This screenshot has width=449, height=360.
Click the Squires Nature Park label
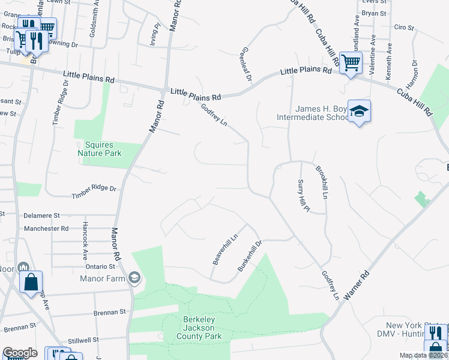point(99,149)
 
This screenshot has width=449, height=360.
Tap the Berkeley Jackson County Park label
point(199,328)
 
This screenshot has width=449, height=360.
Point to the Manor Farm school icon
point(134,277)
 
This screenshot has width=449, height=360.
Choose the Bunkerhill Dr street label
point(250,256)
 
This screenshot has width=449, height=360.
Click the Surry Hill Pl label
point(303,196)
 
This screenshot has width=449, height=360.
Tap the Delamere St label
point(42,215)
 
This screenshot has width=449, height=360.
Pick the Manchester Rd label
point(46,229)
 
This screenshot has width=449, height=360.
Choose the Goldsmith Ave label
point(93,23)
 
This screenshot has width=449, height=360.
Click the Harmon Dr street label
point(414,71)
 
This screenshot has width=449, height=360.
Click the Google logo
point(20,352)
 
